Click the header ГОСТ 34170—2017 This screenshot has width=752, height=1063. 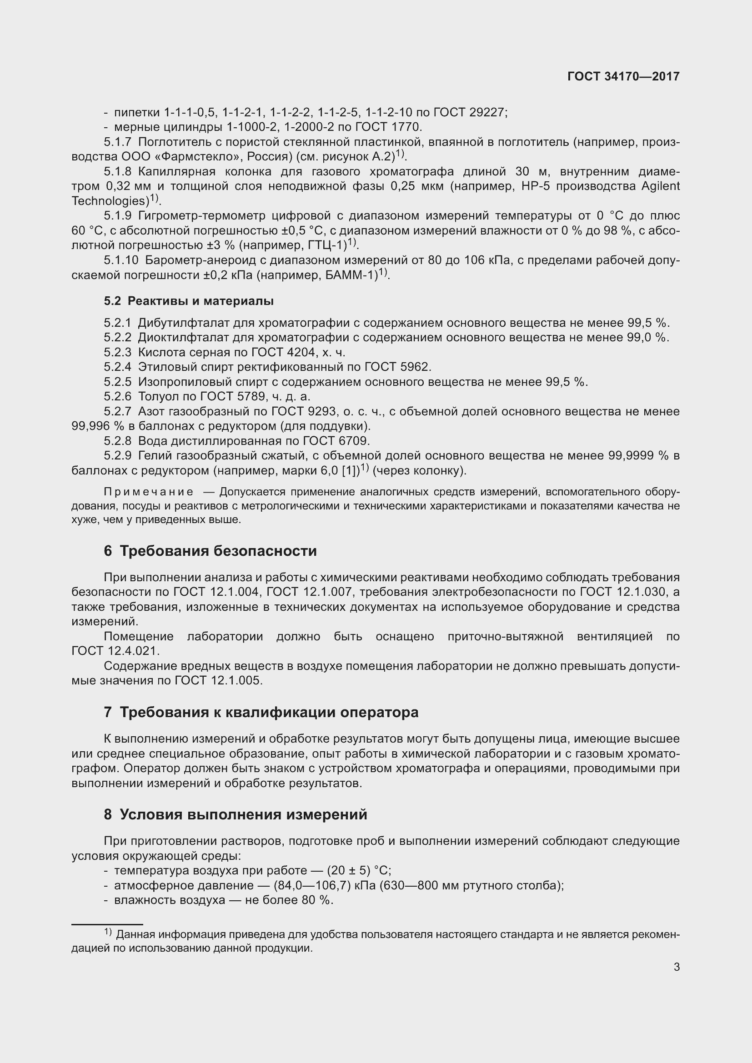(623, 77)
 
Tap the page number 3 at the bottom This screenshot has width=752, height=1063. (677, 967)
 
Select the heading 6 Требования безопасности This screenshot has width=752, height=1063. (210, 551)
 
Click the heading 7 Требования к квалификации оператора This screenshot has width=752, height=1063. (261, 712)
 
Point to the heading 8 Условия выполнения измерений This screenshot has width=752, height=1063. (235, 814)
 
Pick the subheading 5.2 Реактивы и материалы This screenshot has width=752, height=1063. (189, 301)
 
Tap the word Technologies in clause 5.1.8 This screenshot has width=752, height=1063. (110, 201)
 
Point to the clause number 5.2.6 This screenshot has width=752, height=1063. (118, 396)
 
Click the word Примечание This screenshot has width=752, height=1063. (148, 491)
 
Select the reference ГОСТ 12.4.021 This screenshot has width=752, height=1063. (115, 650)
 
